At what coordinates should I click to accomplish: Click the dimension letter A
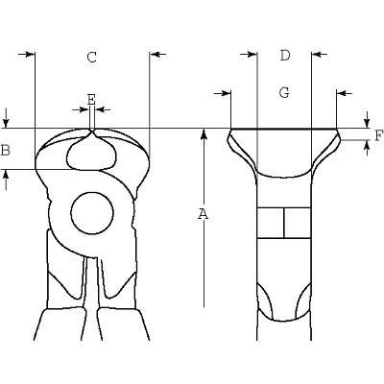[203, 214]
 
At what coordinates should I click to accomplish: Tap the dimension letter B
[5, 150]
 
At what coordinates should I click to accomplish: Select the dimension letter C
[92, 58]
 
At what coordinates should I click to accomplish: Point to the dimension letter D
[285, 56]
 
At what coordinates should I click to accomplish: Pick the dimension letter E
[91, 99]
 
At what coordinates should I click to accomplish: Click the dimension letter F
[378, 136]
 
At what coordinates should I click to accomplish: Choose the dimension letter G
[284, 92]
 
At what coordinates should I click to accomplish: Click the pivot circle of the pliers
[92, 213]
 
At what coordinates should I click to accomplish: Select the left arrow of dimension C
[26, 54]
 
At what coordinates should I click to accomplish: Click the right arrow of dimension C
[157, 55]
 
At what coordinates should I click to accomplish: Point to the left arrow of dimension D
[249, 55]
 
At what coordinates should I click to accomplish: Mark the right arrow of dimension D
[319, 55]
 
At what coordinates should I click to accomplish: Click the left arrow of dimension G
[222, 93]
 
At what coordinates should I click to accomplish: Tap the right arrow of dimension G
[345, 93]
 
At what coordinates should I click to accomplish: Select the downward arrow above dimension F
[367, 120]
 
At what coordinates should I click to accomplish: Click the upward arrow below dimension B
[6, 180]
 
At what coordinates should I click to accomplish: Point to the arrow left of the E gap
[81, 109]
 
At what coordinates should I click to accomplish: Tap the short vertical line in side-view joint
[284, 223]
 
